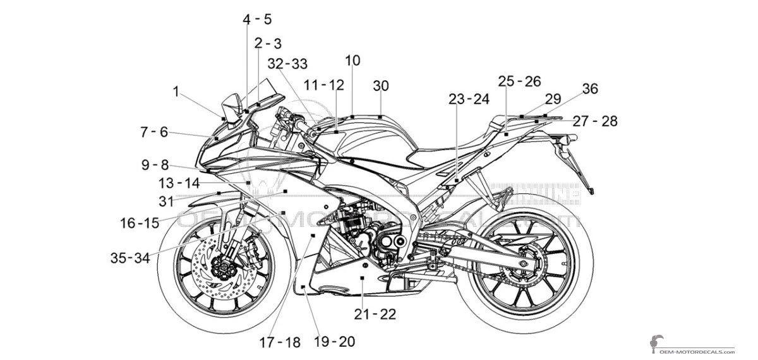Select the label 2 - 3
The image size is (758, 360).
pyautogui.click(x=268, y=44)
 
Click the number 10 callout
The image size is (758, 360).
pyautogui.click(x=352, y=60)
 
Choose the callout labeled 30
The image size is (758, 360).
pyautogui.click(x=381, y=85)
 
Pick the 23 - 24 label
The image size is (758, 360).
pyautogui.click(x=469, y=99)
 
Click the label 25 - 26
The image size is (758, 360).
pyautogui.click(x=519, y=81)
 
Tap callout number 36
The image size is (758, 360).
pyautogui.click(x=589, y=89)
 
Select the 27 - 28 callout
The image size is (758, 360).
pyautogui.click(x=595, y=121)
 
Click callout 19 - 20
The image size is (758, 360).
pyautogui.click(x=334, y=342)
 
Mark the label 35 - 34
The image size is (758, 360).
pyautogui.click(x=130, y=258)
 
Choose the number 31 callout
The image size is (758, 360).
pyautogui.click(x=165, y=201)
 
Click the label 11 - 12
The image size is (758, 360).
pyautogui.click(x=323, y=85)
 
